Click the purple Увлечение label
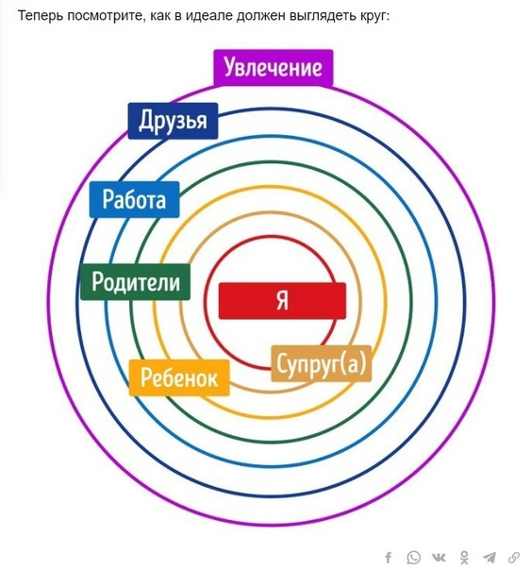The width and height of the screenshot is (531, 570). [x=274, y=68]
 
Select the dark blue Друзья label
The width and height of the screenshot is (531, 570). [x=173, y=121]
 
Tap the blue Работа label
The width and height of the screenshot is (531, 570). [x=134, y=199]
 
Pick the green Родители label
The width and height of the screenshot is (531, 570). [x=136, y=282]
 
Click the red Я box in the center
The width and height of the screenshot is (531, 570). [x=282, y=301]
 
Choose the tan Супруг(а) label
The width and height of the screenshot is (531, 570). [x=322, y=363]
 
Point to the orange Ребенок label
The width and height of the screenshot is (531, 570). [x=179, y=377]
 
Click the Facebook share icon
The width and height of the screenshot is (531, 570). [x=389, y=558]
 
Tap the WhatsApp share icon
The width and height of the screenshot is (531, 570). [x=414, y=558]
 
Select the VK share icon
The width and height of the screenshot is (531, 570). [x=440, y=558]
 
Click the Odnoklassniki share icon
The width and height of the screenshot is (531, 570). [x=464, y=558]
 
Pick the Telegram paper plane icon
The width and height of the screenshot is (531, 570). [x=490, y=558]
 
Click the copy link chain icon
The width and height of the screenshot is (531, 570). [x=514, y=558]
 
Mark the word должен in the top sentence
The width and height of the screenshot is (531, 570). [x=260, y=17]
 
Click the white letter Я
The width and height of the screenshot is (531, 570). [x=282, y=301]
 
